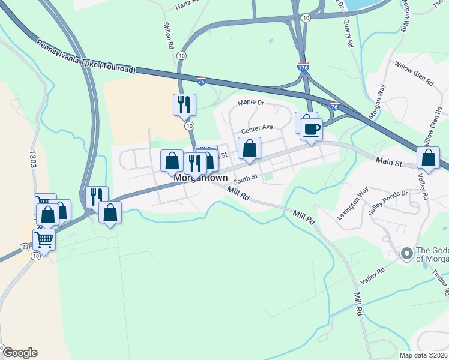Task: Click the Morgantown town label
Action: point(200,178)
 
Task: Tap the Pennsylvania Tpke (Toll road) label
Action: point(85,58)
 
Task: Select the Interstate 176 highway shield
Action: point(303,68)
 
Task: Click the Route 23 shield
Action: point(25,247)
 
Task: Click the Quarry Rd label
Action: point(347,34)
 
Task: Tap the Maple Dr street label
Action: point(250,103)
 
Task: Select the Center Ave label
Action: point(257,128)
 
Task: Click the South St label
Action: point(245,178)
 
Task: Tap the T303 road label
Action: point(33,161)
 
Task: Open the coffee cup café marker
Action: point(311,130)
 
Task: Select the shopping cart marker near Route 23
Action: point(44,240)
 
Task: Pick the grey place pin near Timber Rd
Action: point(407,254)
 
